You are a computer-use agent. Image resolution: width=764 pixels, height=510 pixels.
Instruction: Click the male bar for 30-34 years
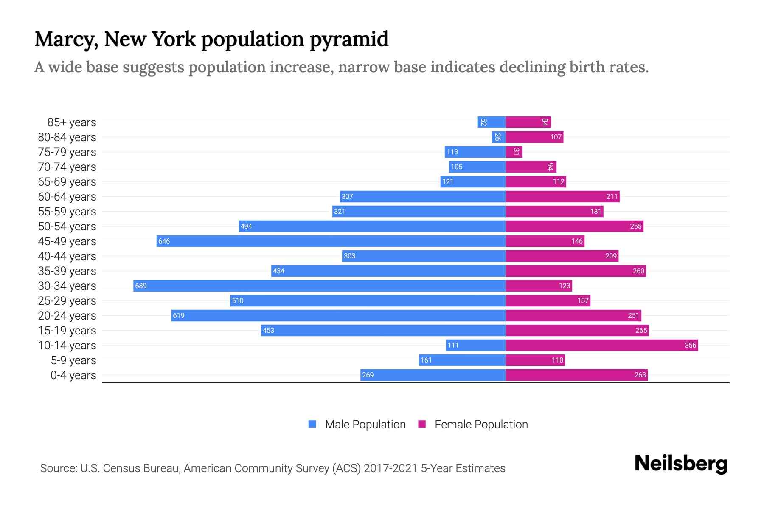(319, 286)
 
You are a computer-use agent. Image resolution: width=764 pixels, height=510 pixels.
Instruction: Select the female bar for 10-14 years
(601, 345)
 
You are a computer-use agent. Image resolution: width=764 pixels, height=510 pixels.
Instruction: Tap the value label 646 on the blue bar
(164, 241)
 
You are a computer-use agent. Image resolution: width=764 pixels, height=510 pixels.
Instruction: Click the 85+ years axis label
(71, 122)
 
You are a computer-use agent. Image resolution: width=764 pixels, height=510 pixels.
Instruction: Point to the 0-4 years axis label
(73, 375)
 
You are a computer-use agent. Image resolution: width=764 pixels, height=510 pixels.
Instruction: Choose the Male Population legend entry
(357, 425)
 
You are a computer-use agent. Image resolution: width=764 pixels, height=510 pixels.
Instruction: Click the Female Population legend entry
(473, 425)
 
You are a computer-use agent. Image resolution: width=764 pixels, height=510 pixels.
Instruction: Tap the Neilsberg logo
(681, 464)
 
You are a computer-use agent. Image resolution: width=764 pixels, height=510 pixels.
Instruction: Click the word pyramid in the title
(348, 39)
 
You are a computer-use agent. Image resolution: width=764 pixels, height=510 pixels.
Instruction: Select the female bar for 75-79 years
(514, 152)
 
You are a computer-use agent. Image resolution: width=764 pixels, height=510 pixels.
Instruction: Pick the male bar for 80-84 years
(499, 137)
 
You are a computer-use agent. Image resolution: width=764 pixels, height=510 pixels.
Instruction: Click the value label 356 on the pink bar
(690, 346)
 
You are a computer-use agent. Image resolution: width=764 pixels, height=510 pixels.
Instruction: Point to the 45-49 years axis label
(67, 241)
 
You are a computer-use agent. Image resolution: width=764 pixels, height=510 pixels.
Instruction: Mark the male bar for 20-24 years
(338, 315)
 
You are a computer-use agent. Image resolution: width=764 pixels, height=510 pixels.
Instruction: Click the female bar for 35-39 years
(576, 271)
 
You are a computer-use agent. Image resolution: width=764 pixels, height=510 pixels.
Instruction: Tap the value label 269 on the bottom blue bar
(368, 375)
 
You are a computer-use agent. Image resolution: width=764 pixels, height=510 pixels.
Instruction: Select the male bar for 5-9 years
(462, 360)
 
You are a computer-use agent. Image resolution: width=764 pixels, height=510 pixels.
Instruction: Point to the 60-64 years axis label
(67, 197)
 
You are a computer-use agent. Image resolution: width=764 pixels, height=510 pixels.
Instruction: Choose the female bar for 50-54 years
(574, 227)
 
